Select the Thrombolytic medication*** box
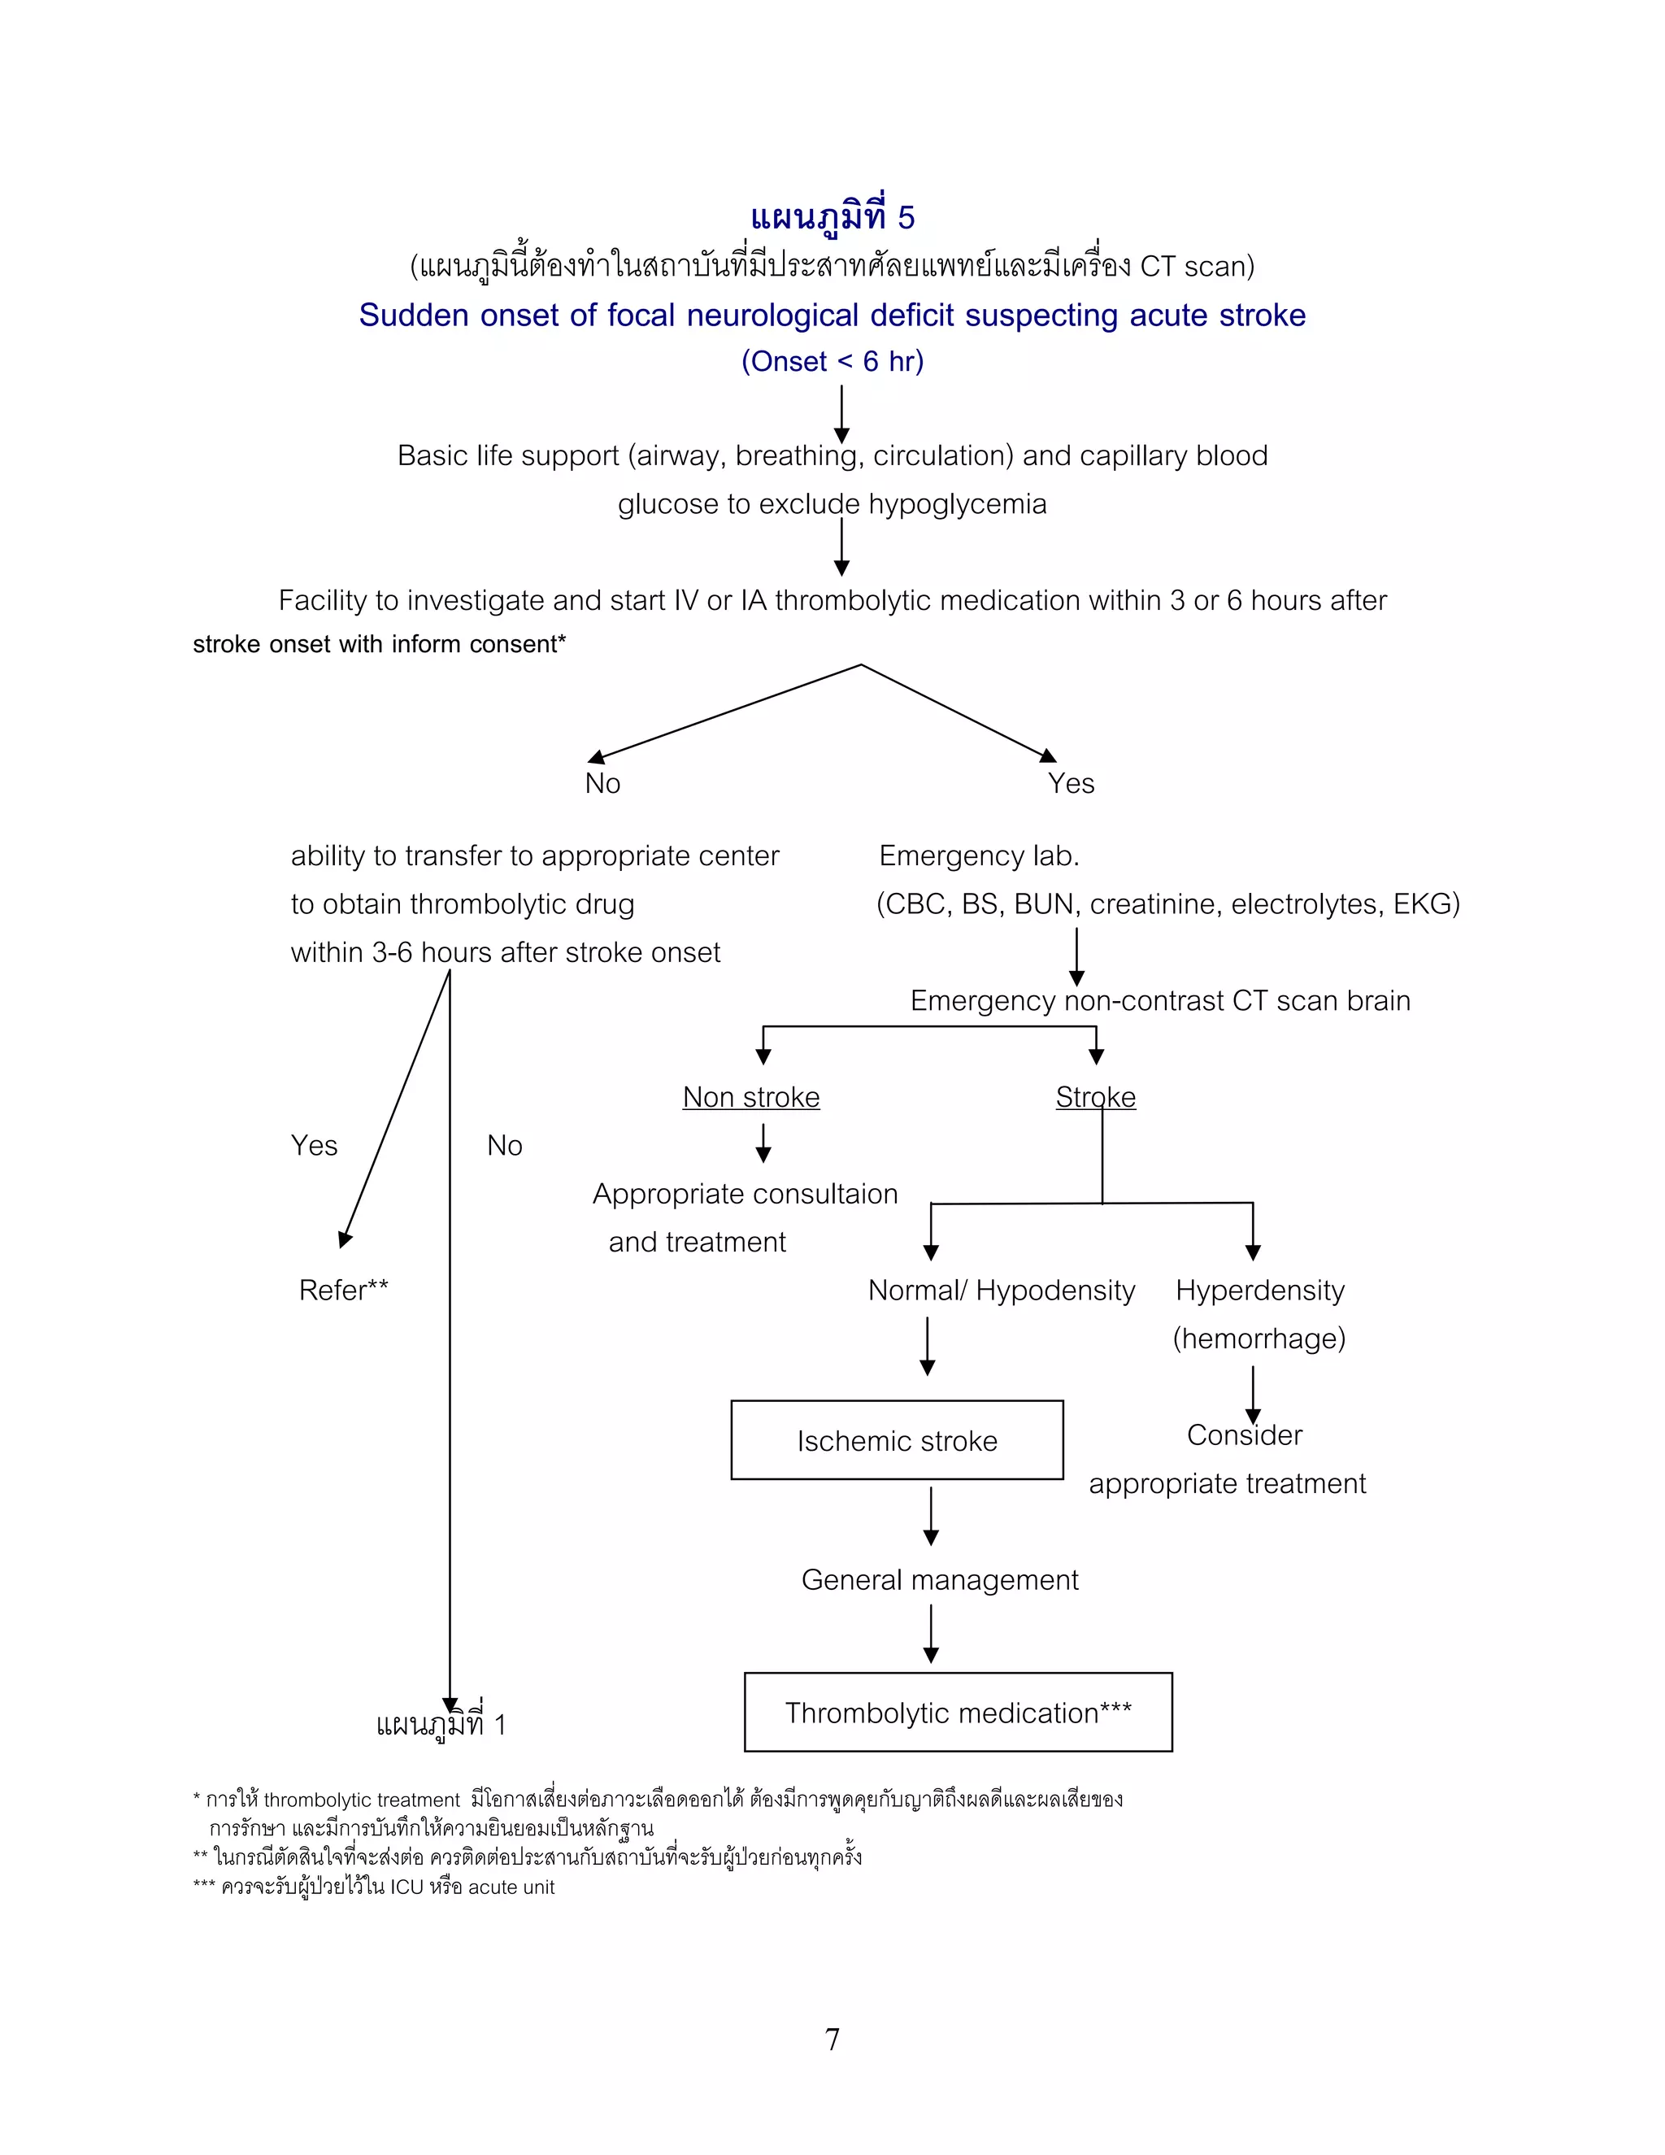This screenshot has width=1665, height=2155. [x=958, y=1713]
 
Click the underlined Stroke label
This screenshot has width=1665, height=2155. [x=1095, y=1097]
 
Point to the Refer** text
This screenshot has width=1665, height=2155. [x=343, y=1290]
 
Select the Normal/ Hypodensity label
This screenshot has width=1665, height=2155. [x=1001, y=1290]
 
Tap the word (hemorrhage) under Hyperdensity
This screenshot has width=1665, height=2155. [x=1259, y=1338]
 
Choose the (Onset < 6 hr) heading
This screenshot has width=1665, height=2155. [x=832, y=361]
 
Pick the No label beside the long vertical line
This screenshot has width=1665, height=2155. [x=504, y=1146]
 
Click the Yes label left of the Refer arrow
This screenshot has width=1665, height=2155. [x=314, y=1146]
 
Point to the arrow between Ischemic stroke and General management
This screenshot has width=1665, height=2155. [x=930, y=1517]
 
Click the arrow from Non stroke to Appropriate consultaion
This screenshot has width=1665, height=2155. [x=763, y=1143]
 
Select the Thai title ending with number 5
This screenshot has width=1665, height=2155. [x=832, y=217]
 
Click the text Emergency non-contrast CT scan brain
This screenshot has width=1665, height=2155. [x=1160, y=1000]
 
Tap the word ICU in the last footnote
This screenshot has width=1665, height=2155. [x=406, y=1887]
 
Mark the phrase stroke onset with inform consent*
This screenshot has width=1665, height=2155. [x=379, y=644]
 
